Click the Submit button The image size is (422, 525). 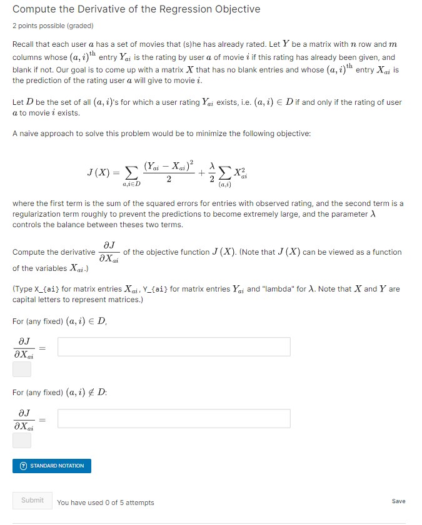33,500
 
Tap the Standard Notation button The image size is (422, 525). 52,466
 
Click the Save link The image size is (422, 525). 398,501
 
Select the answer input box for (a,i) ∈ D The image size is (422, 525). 174,346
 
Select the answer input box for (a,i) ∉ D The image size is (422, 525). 174,418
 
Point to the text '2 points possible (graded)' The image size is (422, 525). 53,26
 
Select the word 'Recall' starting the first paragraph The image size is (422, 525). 24,45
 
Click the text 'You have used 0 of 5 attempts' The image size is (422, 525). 105,503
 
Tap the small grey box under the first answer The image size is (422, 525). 22,369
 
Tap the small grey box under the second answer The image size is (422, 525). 22,441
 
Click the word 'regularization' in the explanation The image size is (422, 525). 40,214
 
